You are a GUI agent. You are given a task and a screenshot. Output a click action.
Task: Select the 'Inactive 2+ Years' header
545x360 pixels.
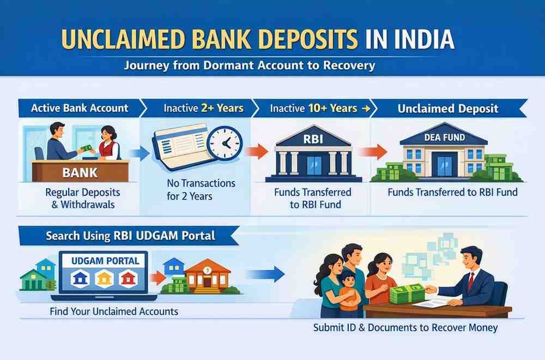click(x=203, y=108)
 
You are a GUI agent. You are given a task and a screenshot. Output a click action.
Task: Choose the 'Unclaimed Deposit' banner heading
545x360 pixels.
click(x=447, y=108)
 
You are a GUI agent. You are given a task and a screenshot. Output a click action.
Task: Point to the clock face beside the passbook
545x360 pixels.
click(x=224, y=143)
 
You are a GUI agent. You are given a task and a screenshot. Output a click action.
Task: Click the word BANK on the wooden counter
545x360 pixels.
click(x=80, y=173)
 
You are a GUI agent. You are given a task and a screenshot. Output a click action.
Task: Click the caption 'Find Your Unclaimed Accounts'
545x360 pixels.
click(x=113, y=312)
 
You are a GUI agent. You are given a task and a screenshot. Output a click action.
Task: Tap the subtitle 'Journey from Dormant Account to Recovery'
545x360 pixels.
click(x=250, y=66)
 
